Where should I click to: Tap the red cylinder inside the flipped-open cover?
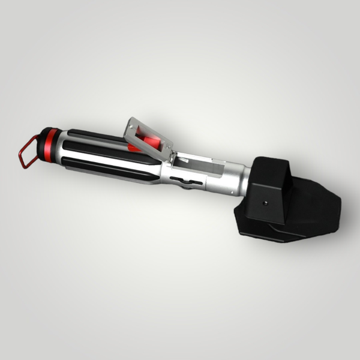[x=147, y=143]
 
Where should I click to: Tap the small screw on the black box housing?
[x=265, y=203]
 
